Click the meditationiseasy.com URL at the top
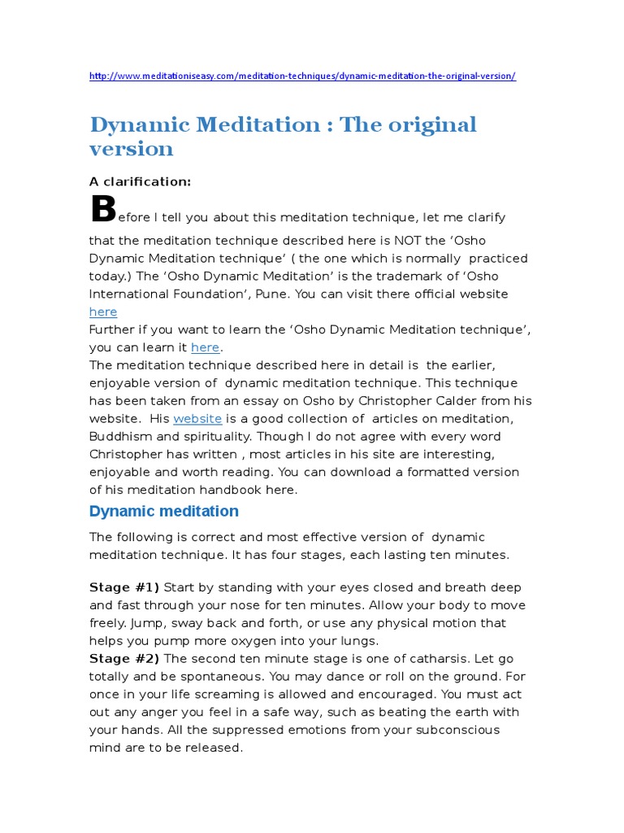coord(302,76)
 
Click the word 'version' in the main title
coord(131,149)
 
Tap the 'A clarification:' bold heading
coord(140,181)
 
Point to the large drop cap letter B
coord(103,209)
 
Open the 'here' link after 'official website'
coord(102,312)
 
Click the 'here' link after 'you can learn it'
coord(205,347)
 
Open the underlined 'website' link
coord(197,418)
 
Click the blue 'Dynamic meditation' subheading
coord(163,512)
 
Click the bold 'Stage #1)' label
coord(124,587)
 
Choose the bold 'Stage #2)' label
coord(124,659)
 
